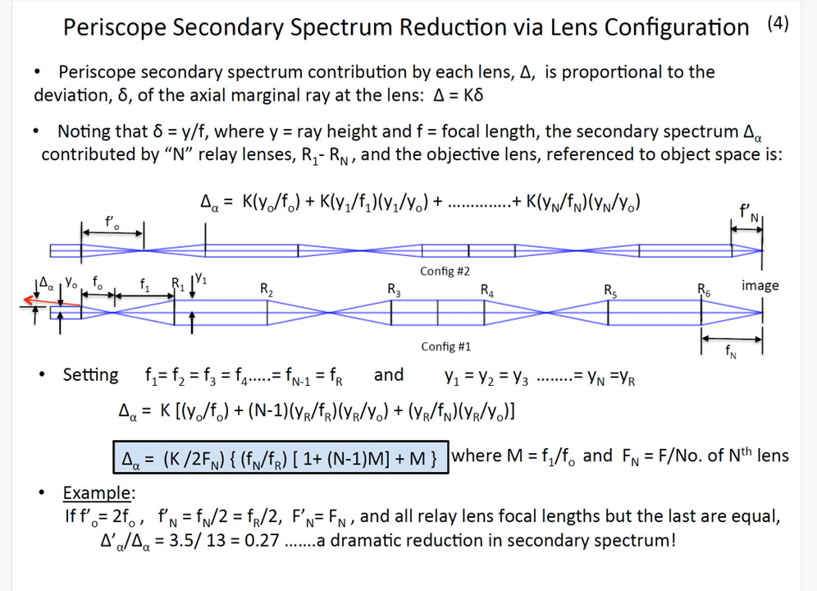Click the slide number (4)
click(x=778, y=24)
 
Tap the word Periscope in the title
click(x=114, y=27)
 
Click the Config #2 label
click(x=445, y=271)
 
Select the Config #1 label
click(x=446, y=346)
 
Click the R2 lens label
click(x=267, y=290)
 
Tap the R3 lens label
click(x=394, y=290)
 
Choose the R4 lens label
click(x=486, y=290)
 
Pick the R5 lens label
click(x=610, y=290)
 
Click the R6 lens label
click(x=704, y=290)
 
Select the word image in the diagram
click(x=760, y=286)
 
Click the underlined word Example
click(x=98, y=493)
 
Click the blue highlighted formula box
click(x=281, y=457)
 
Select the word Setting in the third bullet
click(x=91, y=376)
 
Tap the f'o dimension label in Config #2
click(x=112, y=222)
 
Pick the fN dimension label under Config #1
click(x=731, y=351)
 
